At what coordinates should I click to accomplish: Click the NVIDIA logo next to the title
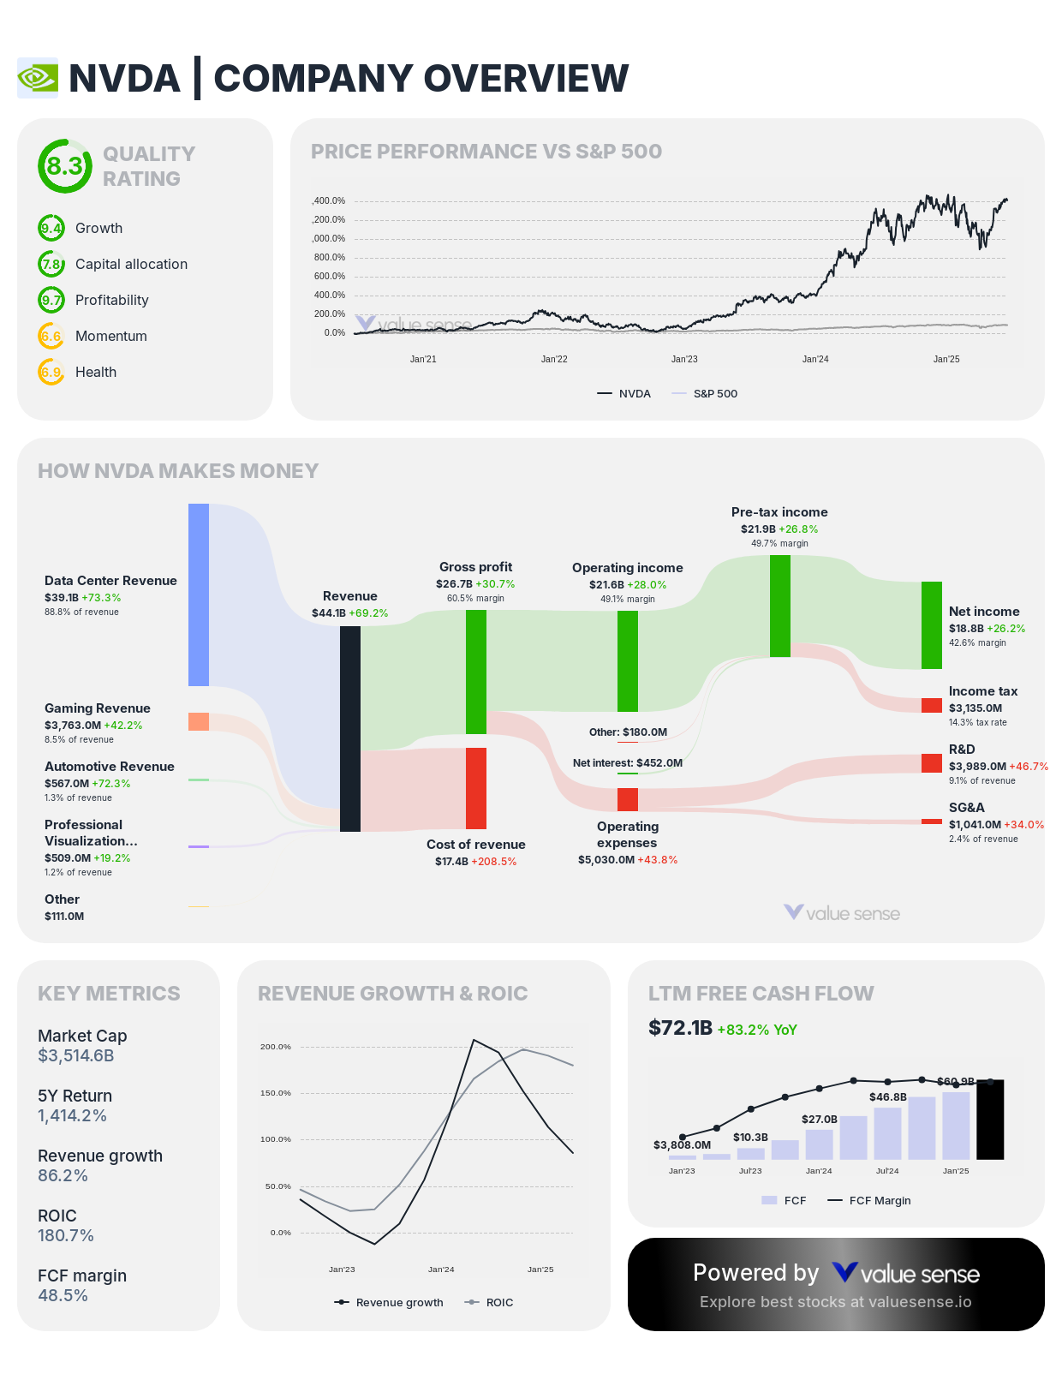click(x=38, y=78)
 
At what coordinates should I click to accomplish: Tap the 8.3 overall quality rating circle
click(x=64, y=166)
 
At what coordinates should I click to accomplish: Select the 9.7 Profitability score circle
click(x=51, y=300)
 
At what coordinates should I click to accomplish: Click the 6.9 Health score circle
click(x=51, y=372)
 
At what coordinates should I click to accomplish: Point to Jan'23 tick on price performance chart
click(x=684, y=359)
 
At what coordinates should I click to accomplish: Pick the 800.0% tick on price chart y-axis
click(x=330, y=257)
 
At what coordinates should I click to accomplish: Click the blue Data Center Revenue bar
click(x=199, y=594)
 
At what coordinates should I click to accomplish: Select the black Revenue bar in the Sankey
click(x=350, y=728)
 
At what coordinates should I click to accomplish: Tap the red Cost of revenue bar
click(x=476, y=788)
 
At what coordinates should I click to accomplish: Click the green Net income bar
click(x=932, y=624)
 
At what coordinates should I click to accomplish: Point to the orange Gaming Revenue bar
click(x=199, y=721)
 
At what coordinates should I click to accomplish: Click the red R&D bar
click(x=932, y=762)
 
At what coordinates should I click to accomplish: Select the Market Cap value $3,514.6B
click(x=76, y=1055)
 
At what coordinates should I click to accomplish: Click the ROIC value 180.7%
click(x=66, y=1235)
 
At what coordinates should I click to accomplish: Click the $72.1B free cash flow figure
click(x=680, y=1028)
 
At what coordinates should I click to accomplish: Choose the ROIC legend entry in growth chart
click(x=498, y=1302)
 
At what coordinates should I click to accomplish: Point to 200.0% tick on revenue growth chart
click(x=276, y=1047)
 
